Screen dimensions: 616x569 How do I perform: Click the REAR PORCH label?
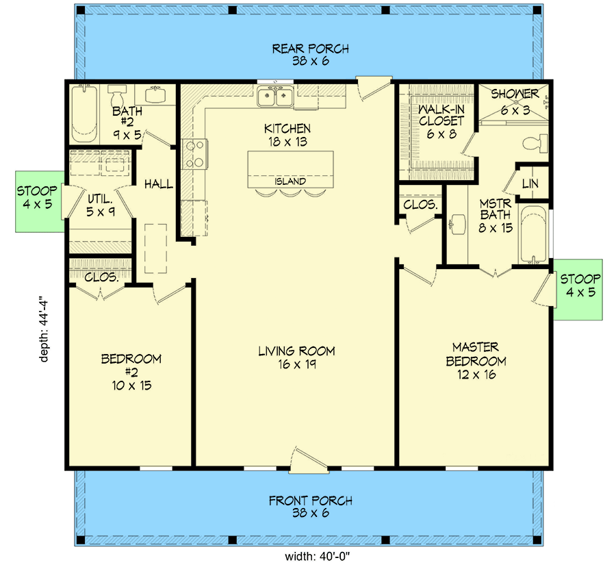point(310,49)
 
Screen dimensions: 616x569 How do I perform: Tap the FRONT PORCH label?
point(310,501)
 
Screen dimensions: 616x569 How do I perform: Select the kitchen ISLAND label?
point(290,181)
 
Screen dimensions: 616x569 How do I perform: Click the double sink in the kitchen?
point(275,97)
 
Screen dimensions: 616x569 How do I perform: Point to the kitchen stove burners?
point(195,154)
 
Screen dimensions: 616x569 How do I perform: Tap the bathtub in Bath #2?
point(84,114)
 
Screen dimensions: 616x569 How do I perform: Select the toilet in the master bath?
point(535,143)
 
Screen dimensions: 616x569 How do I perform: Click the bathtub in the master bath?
point(533,235)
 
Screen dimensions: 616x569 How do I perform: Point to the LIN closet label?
point(530,184)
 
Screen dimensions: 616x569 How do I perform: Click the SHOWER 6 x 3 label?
point(515,102)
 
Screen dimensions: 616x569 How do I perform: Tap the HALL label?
point(158,184)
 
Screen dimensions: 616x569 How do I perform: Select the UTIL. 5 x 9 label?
point(101,205)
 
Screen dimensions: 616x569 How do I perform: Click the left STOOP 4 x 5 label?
point(37,197)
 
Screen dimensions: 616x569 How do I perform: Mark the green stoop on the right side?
point(578,290)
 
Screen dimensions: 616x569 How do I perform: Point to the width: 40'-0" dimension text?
point(318,557)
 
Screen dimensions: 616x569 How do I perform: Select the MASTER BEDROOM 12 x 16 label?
point(476,361)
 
